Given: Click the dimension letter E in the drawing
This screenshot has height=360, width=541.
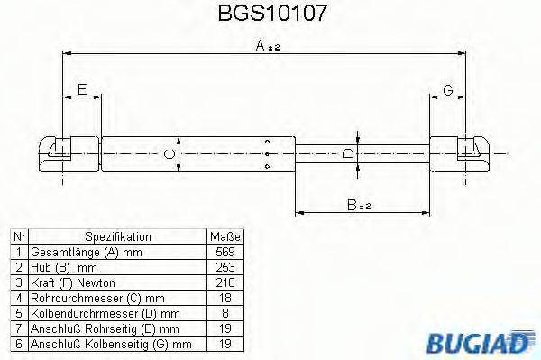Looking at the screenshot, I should pos(82,88).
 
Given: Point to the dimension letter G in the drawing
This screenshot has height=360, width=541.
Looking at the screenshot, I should pos(447,88).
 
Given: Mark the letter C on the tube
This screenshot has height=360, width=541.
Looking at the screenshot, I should pos(169,154).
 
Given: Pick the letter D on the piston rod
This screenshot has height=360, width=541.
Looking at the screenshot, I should pos(349,153).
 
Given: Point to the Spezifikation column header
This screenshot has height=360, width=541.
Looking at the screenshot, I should pos(118,236).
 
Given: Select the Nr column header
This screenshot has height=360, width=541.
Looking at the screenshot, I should pos(18,236).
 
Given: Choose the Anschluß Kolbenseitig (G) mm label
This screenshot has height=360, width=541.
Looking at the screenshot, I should pos(111,344).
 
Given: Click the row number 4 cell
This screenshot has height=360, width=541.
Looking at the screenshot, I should pos(18,297).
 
